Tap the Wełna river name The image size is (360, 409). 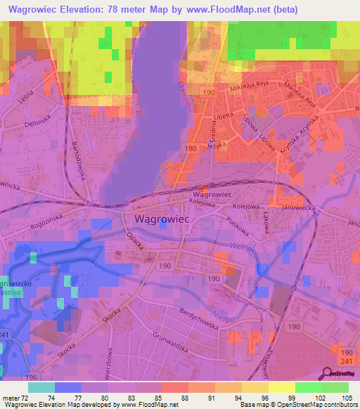(240, 247)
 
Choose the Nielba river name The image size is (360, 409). (221, 315)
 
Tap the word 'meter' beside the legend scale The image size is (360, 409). (9, 397)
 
